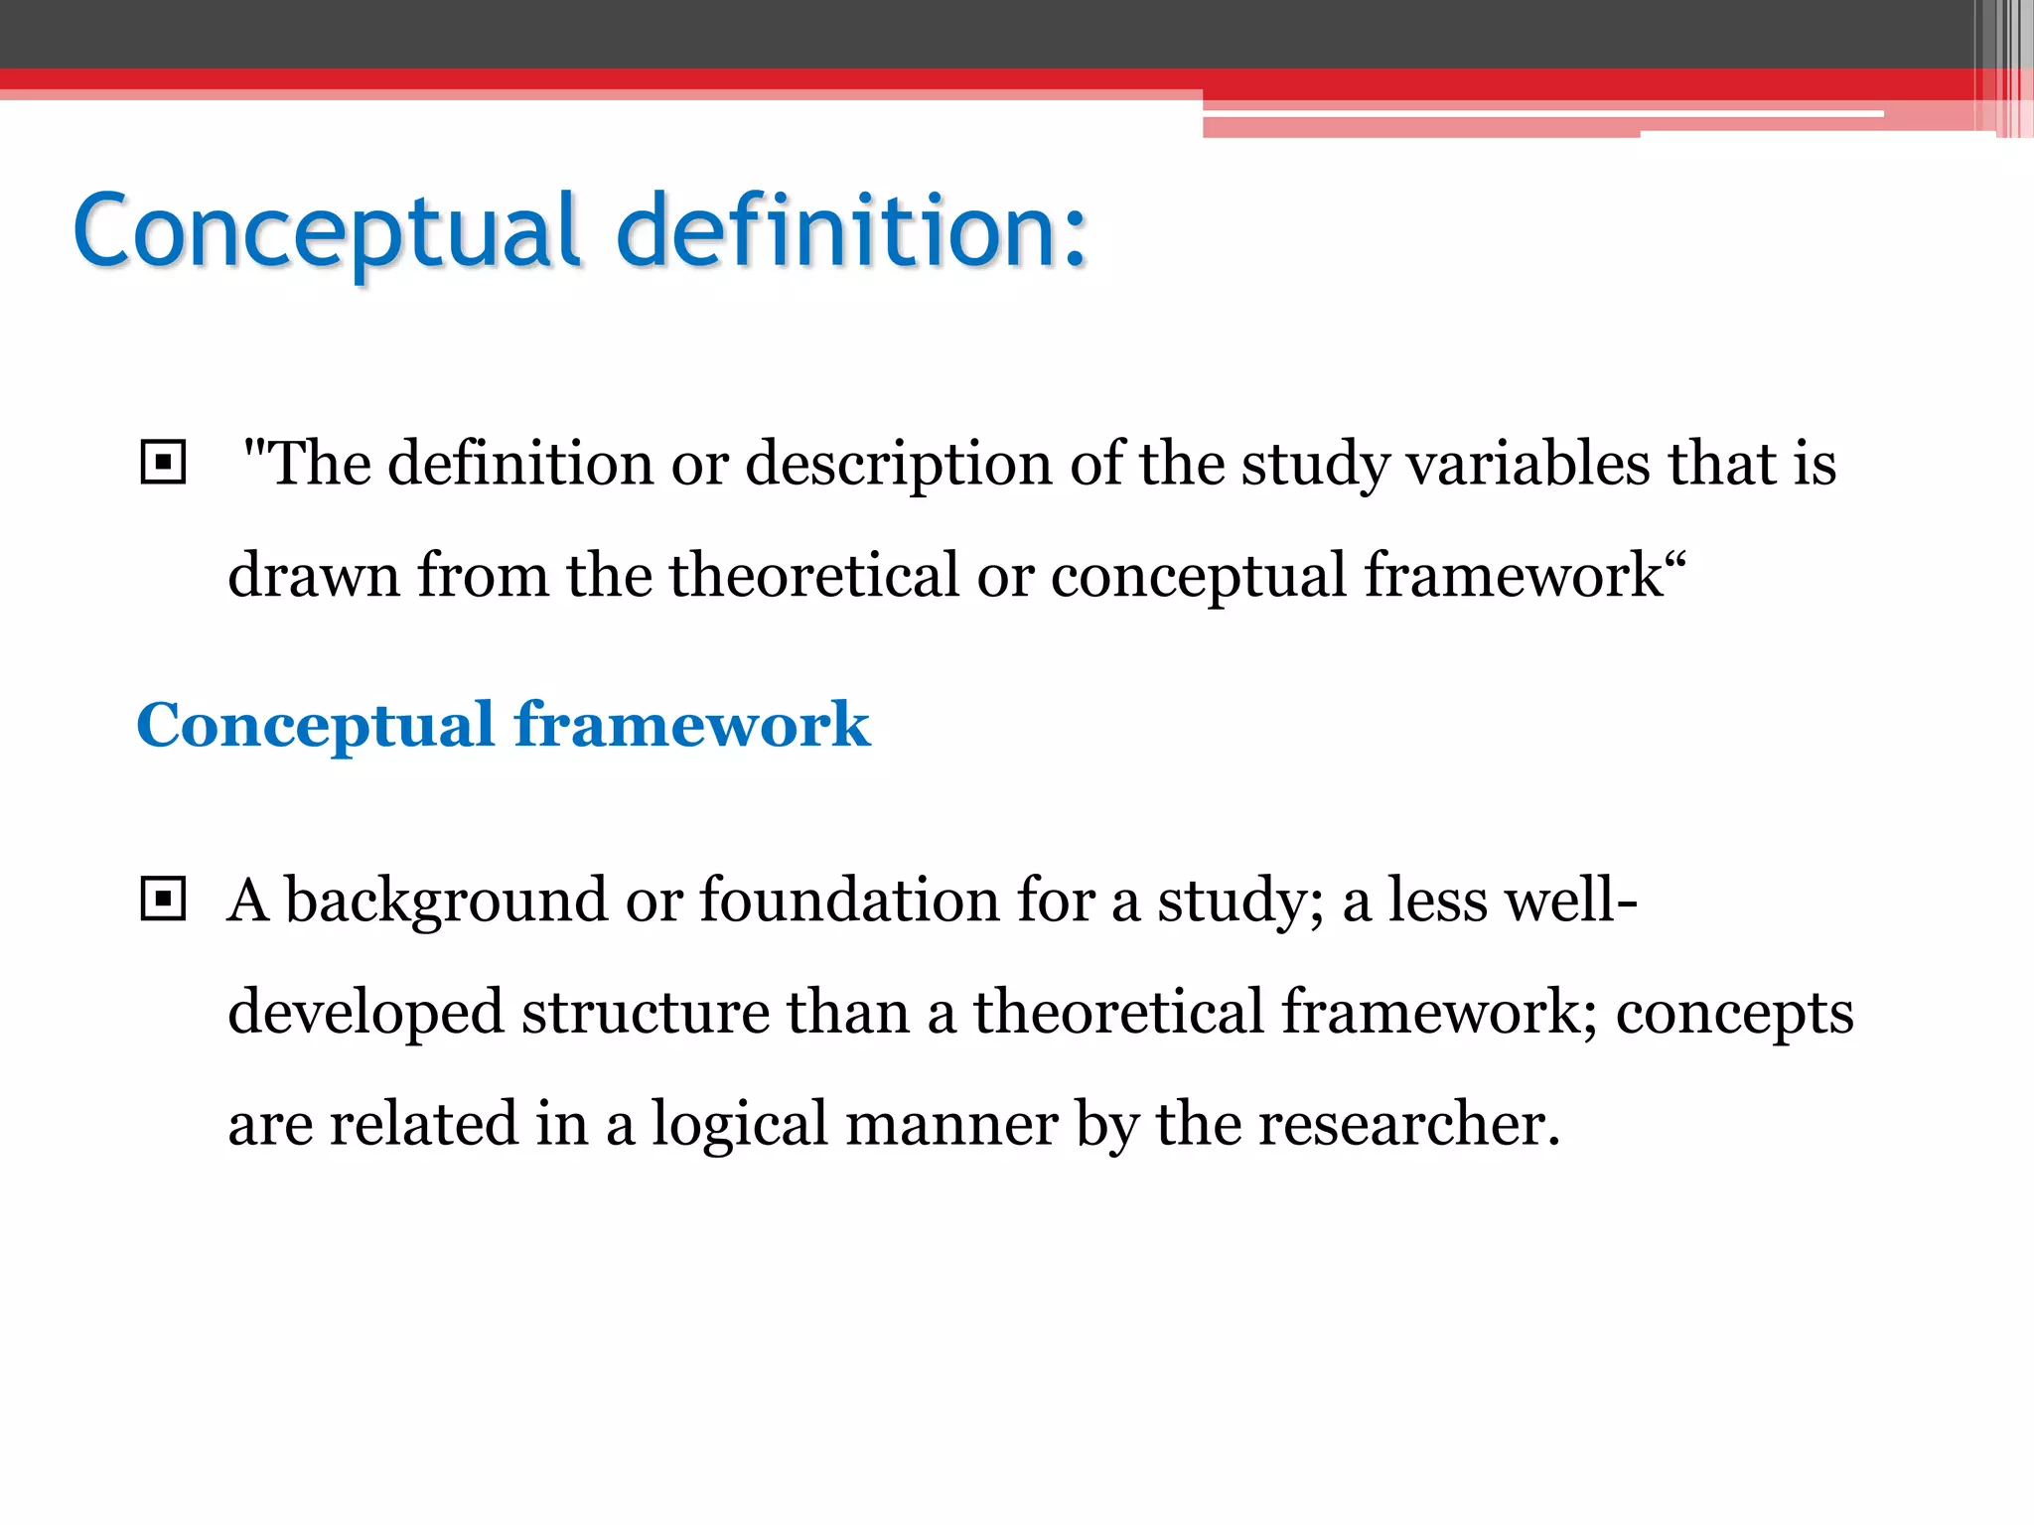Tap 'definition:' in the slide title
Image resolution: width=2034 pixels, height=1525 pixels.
click(852, 230)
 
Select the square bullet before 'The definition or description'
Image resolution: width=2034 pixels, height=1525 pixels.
click(163, 463)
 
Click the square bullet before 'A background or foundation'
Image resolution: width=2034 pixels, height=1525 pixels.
click(163, 900)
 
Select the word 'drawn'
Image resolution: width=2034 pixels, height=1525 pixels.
click(313, 575)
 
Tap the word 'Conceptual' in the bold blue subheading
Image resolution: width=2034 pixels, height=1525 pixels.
click(315, 725)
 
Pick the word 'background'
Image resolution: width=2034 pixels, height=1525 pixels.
click(446, 901)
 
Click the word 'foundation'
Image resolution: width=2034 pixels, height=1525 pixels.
click(849, 900)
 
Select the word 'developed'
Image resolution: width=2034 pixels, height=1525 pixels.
click(365, 1013)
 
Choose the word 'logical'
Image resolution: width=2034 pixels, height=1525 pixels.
click(740, 1125)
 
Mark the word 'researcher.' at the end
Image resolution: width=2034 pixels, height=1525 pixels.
click(1409, 1125)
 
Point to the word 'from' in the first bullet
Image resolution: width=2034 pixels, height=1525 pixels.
click(483, 575)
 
